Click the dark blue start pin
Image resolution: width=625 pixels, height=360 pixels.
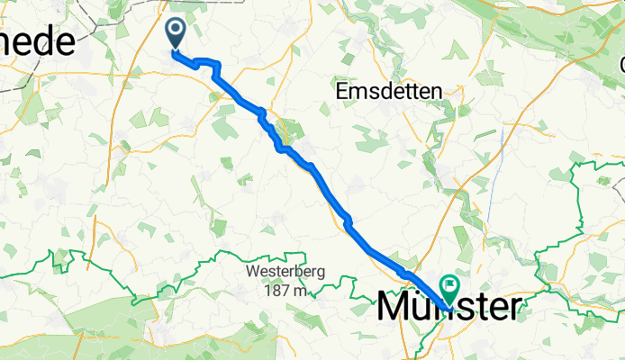pyautogui.click(x=176, y=34)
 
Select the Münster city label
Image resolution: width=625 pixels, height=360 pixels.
pyautogui.click(x=448, y=307)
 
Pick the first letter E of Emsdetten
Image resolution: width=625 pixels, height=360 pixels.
pyautogui.click(x=340, y=92)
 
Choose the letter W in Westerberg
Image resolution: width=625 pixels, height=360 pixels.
pyautogui.click(x=250, y=273)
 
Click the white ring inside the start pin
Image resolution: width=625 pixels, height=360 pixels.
pyautogui.click(x=176, y=30)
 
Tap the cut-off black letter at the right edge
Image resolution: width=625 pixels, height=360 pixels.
pyautogui.click(x=621, y=66)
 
